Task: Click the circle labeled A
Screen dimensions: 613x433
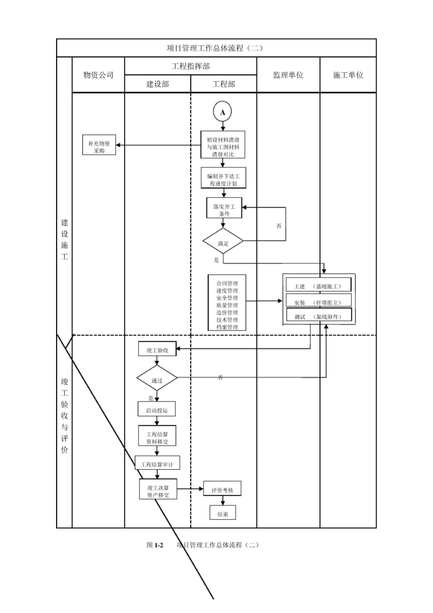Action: point(222,112)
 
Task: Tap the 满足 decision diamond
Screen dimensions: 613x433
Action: point(223,243)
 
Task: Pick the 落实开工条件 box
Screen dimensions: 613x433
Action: point(224,210)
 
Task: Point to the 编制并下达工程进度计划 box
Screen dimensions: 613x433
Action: point(223,179)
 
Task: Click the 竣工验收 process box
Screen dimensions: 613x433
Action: point(157,350)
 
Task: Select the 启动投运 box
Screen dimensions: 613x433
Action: point(157,410)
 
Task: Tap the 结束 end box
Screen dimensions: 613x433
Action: point(223,514)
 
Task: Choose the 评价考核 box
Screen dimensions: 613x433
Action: point(222,490)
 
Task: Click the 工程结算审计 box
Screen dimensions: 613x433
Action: point(157,464)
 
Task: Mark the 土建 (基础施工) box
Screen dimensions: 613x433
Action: point(319,286)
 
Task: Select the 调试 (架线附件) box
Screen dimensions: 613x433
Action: point(319,317)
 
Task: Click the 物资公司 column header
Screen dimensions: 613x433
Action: point(98,75)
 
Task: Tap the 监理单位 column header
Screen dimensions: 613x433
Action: point(288,75)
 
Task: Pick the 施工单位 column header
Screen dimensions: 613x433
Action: point(348,75)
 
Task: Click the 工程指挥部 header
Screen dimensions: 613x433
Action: point(191,66)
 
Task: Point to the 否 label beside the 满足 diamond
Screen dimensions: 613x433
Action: point(279,226)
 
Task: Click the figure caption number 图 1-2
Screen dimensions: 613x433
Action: point(155,545)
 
